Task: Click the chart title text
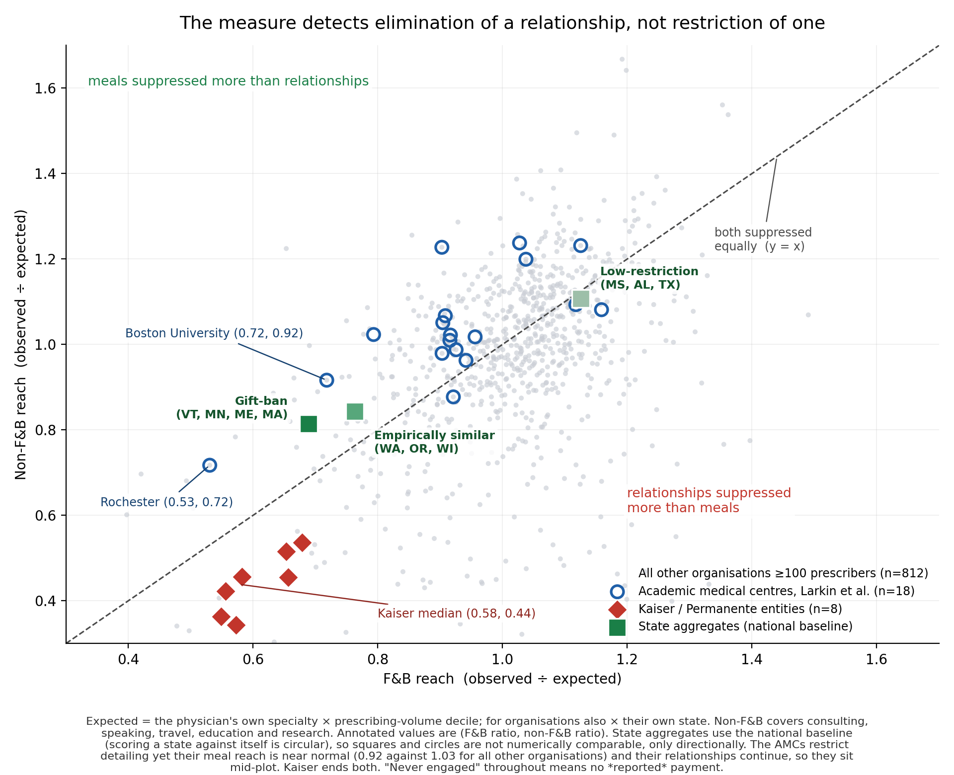(502, 23)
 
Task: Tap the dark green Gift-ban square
(309, 424)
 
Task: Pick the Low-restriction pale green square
(581, 299)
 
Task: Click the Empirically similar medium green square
(355, 411)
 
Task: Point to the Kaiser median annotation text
(457, 614)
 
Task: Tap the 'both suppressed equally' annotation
(763, 239)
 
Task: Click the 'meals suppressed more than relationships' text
(229, 81)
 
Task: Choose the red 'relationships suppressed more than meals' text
(709, 500)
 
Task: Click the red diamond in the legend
(617, 609)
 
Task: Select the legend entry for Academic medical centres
(777, 591)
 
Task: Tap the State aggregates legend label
(745, 626)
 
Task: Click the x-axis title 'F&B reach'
(502, 679)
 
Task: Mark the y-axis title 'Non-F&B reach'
(20, 344)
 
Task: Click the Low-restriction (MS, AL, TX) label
(649, 278)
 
